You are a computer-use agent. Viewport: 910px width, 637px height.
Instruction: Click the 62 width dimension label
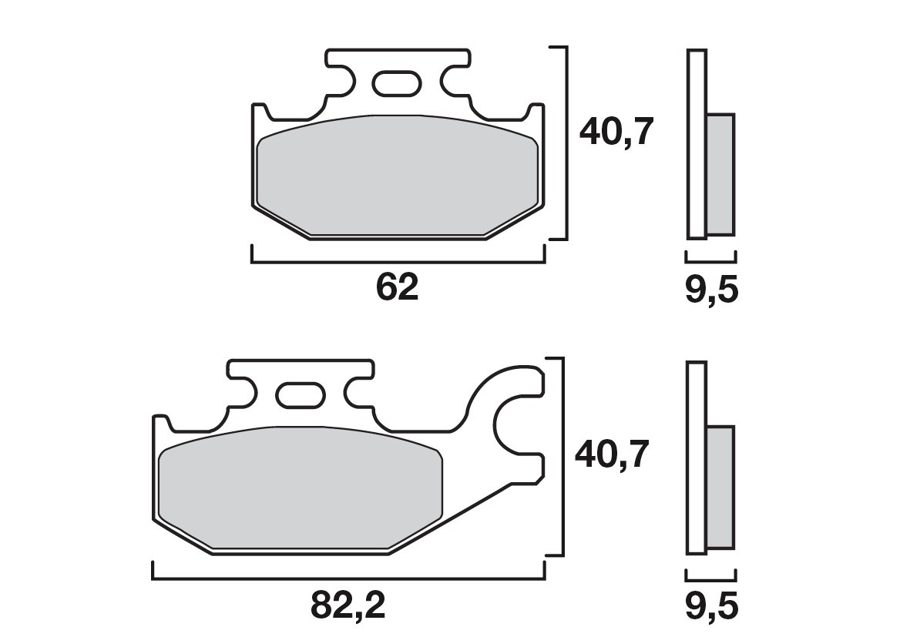397,287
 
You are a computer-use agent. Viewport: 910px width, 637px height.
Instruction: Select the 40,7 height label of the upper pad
616,133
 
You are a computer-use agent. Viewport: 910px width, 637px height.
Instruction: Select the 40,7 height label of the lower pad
613,455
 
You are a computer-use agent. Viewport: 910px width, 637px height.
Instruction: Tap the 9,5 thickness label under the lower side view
710,607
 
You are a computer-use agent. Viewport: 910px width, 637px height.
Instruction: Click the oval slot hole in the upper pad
396,82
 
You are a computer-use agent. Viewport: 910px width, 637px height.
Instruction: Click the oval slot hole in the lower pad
301,395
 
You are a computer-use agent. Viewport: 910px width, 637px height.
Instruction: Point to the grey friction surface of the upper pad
397,177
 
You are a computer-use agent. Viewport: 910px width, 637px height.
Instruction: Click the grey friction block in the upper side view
720,174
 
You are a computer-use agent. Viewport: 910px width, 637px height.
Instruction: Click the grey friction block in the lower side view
720,487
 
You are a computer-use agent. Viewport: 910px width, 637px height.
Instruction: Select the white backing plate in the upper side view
696,143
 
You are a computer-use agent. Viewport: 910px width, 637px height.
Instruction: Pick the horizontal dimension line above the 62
397,263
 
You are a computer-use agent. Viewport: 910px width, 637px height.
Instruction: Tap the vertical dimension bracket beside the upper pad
566,143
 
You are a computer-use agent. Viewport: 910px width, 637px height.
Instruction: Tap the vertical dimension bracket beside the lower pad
566,456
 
